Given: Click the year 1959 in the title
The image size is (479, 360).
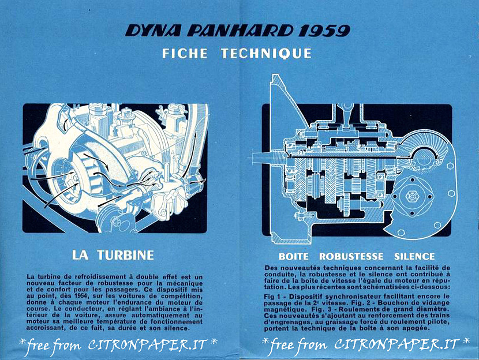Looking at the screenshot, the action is coord(324,31).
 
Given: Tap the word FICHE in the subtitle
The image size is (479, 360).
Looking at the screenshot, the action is coord(185,54).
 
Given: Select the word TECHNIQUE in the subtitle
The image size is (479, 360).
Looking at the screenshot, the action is coord(266,54).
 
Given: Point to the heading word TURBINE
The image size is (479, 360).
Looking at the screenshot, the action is coord(126,255).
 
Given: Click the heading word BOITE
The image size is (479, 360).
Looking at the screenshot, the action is coord(294,256).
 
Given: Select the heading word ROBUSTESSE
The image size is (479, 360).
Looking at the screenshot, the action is coord(351,256).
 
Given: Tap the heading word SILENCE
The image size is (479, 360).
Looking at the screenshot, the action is coord(414,256).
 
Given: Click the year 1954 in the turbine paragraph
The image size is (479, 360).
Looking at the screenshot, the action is coord(82,296).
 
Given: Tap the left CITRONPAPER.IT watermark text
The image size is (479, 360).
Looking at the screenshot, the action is coord(148,345).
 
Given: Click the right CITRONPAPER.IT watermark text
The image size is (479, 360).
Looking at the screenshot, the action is coord(396,344).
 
